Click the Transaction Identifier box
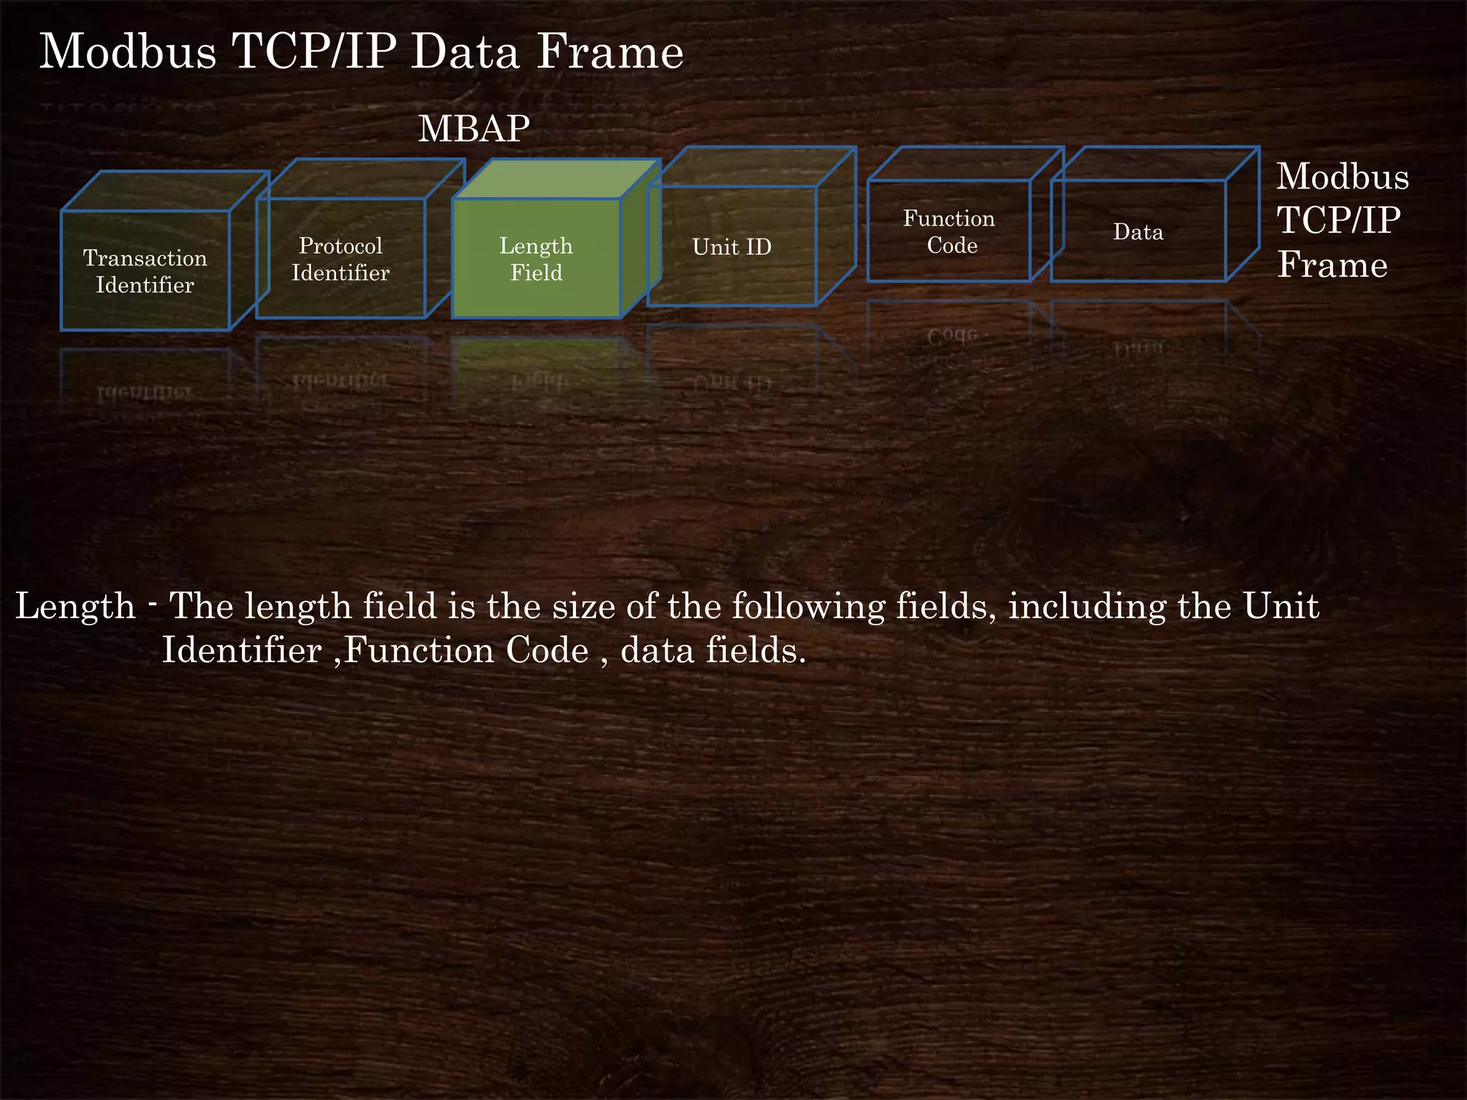pyautogui.click(x=145, y=271)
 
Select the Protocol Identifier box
pyautogui.click(x=341, y=259)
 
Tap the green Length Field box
pyautogui.click(x=537, y=259)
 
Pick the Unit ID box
pyautogui.click(x=732, y=247)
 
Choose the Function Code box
pyautogui.click(x=949, y=231)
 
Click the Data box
pyautogui.click(x=1138, y=231)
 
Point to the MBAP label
pyautogui.click(x=474, y=129)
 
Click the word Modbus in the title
pyautogui.click(x=128, y=52)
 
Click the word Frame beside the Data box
pyautogui.click(x=1332, y=265)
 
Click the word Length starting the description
pyautogui.click(x=75, y=606)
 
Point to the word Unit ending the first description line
pyautogui.click(x=1281, y=606)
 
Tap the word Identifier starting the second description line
pyautogui.click(x=241, y=650)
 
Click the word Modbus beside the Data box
pyautogui.click(x=1342, y=176)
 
